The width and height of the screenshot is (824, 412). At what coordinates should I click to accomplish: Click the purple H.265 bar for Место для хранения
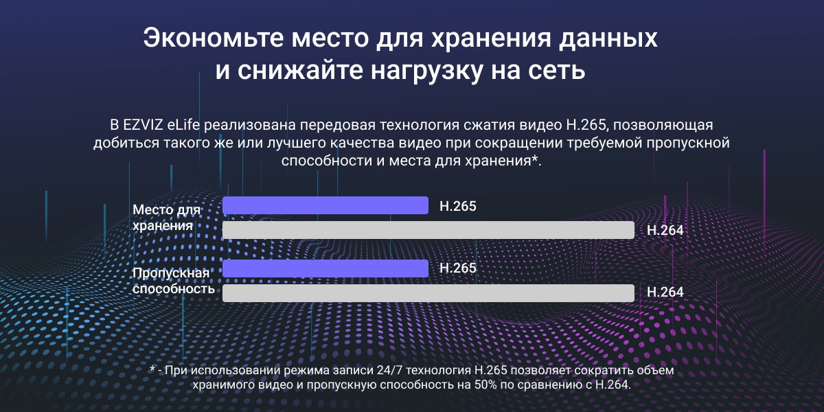click(325, 205)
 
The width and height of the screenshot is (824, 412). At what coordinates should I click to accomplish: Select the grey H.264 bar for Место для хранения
click(428, 230)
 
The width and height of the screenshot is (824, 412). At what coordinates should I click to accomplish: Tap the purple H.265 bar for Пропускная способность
click(325, 268)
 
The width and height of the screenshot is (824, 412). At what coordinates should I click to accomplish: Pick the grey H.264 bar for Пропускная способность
click(428, 293)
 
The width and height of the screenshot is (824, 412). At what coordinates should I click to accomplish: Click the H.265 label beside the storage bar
click(457, 206)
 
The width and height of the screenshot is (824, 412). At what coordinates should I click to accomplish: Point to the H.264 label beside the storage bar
click(665, 231)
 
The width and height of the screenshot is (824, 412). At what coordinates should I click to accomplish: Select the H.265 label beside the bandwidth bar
click(457, 268)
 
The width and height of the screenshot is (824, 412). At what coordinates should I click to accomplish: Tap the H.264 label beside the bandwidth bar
click(665, 293)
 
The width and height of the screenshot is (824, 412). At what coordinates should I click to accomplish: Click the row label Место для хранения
click(166, 217)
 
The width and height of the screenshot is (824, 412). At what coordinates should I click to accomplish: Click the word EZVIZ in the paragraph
click(148, 126)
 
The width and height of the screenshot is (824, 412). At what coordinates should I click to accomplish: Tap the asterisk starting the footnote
click(152, 369)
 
